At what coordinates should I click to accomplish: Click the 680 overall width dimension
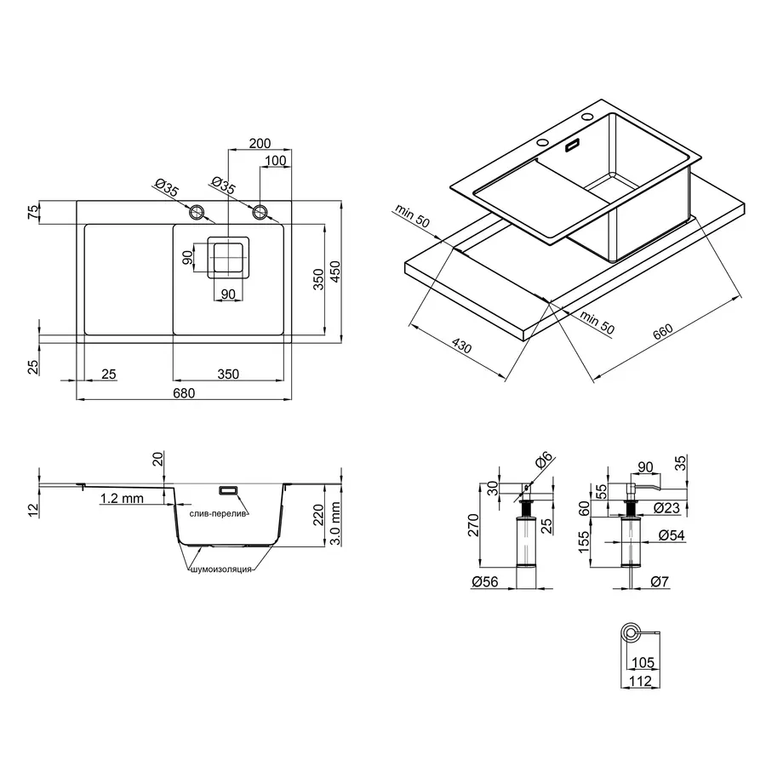[x=184, y=392]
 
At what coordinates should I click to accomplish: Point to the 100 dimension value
[x=275, y=162]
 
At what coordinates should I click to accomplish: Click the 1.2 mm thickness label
[x=121, y=499]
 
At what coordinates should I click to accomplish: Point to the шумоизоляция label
[x=220, y=569]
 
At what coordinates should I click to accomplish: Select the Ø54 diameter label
[x=672, y=536]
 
